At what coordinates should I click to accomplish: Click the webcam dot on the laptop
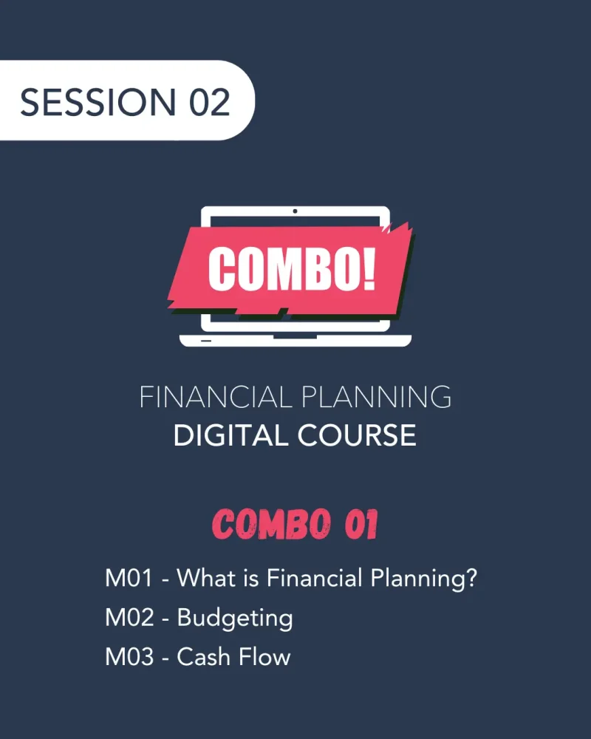[x=295, y=211]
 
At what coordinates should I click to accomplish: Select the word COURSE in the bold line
[x=356, y=435]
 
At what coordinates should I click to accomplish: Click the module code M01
[x=129, y=578]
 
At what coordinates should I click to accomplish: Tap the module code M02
[x=129, y=618]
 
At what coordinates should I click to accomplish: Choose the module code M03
[x=129, y=657]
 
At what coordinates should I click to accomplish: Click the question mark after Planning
[x=469, y=578]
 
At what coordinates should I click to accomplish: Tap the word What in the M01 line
[x=205, y=578]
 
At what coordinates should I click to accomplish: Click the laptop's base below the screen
[x=295, y=340]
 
